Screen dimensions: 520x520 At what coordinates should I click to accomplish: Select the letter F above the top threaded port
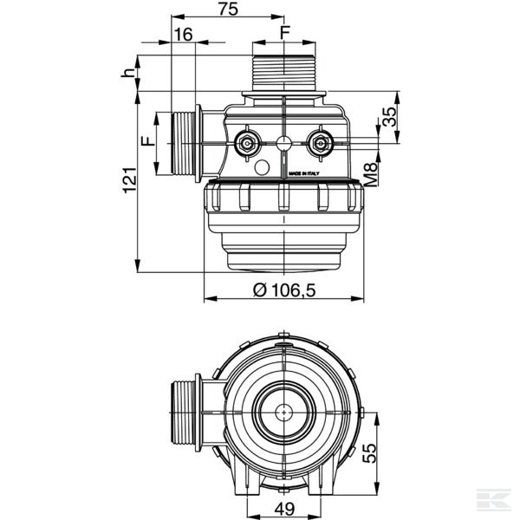click(x=284, y=33)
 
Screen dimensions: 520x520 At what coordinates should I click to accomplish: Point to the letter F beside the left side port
click(x=146, y=142)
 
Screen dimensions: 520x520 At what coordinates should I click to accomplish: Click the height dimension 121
click(x=129, y=180)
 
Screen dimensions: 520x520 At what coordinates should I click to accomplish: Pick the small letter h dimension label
click(x=129, y=73)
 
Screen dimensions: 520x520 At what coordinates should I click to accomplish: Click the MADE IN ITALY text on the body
click(x=304, y=172)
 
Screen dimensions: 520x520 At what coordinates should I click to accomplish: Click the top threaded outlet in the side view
click(x=284, y=73)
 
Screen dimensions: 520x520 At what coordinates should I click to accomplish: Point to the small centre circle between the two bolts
click(x=284, y=144)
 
